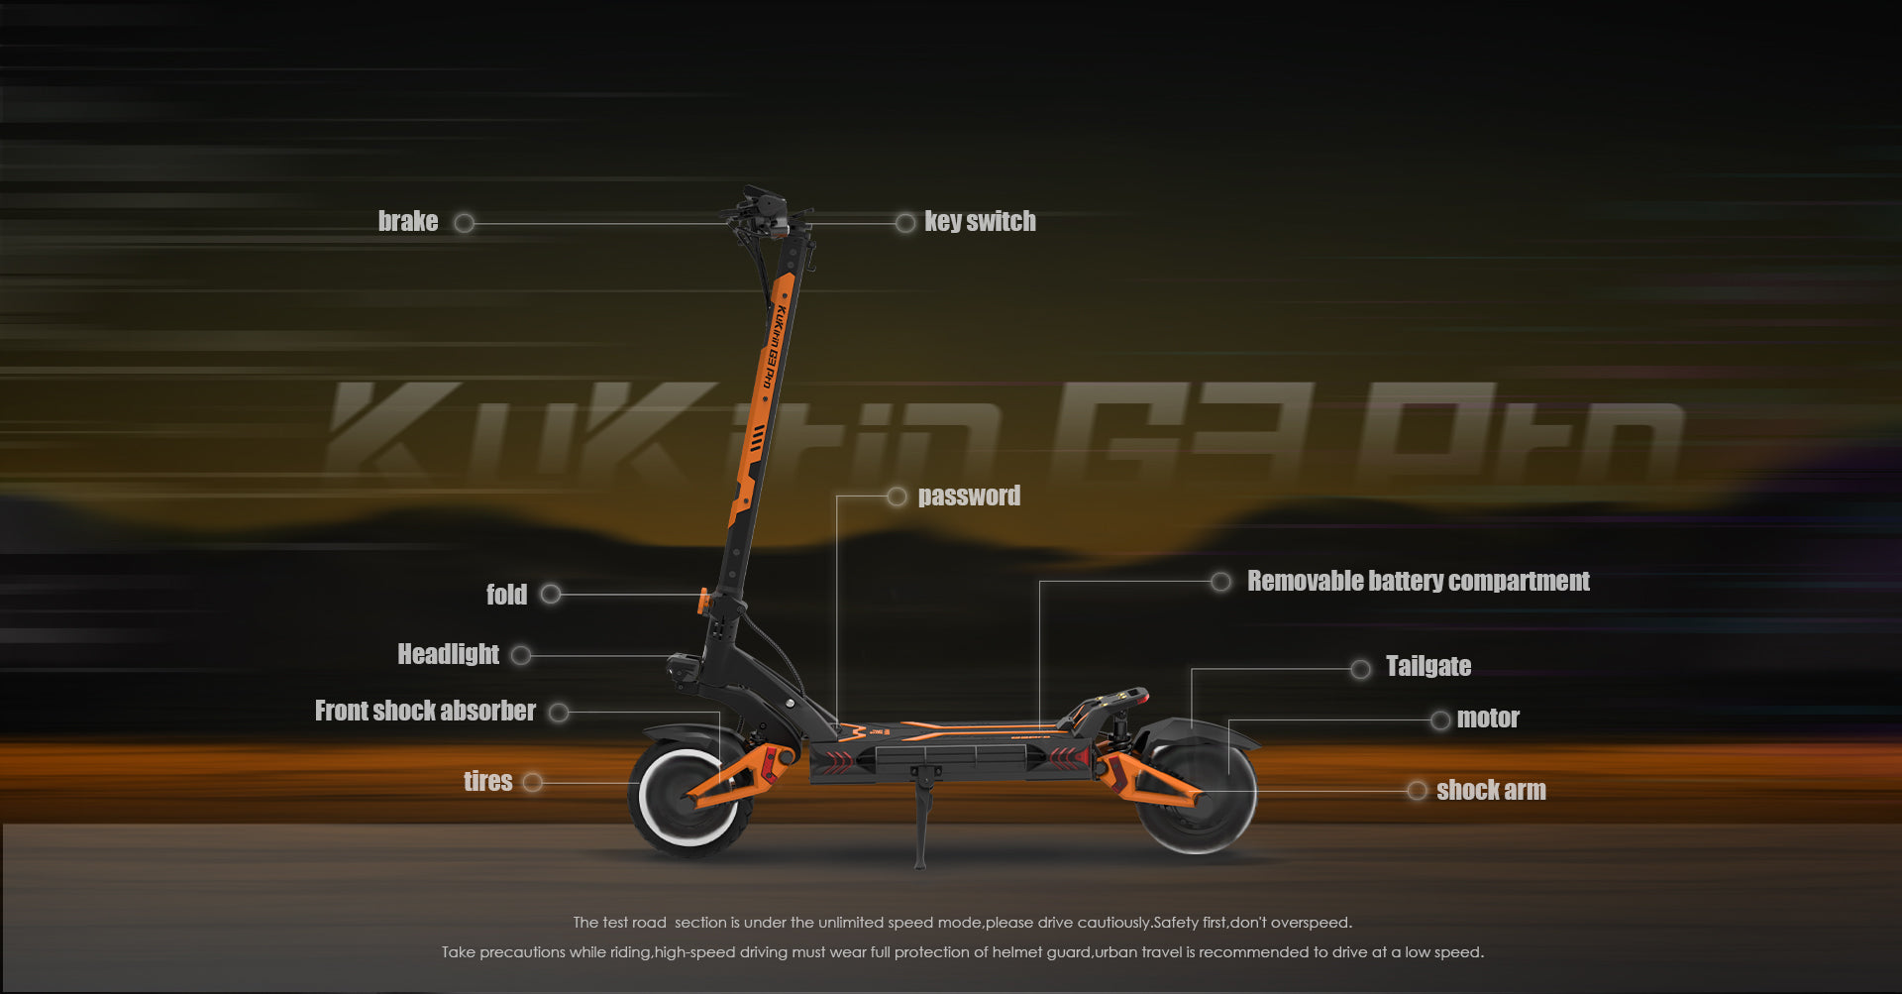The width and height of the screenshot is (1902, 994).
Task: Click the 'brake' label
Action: [x=407, y=221]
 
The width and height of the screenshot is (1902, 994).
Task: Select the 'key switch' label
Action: [x=980, y=221]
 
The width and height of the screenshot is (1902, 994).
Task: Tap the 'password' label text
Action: [x=968, y=496]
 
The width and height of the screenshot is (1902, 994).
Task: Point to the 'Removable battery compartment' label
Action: [x=1418, y=581]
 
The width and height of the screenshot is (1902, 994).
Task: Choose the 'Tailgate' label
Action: [x=1427, y=666]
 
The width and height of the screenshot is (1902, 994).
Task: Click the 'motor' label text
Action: [x=1487, y=718]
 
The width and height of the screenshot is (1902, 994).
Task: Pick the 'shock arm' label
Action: [x=1490, y=790]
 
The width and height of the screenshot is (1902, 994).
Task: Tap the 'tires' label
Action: [x=487, y=781]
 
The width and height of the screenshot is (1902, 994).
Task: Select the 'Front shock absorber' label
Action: [x=425, y=711]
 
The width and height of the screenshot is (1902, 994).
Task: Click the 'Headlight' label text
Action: [x=448, y=654]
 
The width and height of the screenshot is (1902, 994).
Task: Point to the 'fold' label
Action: [x=506, y=595]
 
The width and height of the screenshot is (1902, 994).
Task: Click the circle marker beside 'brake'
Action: [x=464, y=223]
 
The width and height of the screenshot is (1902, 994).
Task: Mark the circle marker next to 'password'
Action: [x=897, y=497]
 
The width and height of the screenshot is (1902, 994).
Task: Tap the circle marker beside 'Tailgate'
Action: [x=1360, y=670]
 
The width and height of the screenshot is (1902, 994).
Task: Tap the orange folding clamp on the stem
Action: [x=704, y=601]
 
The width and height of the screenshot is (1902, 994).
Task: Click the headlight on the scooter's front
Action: [x=681, y=667]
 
